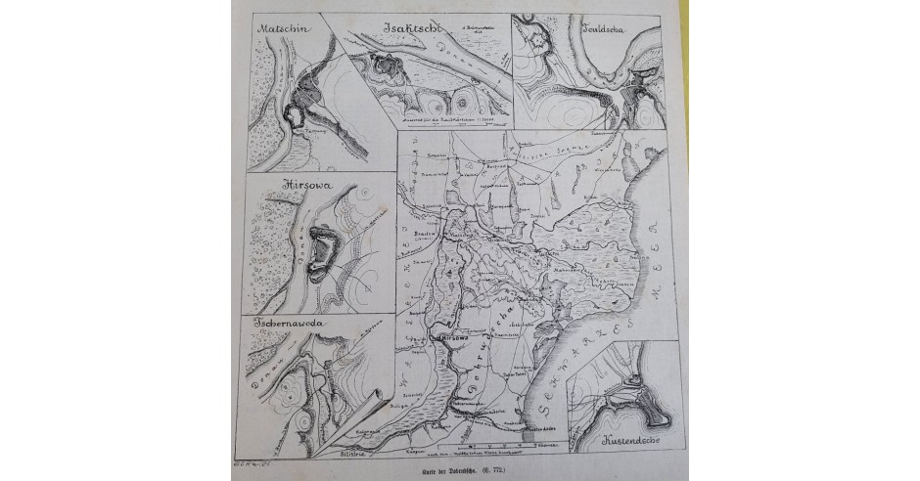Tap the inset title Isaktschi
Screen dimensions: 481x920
(x=403, y=27)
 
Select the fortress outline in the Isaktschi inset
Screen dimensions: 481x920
(x=383, y=70)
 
